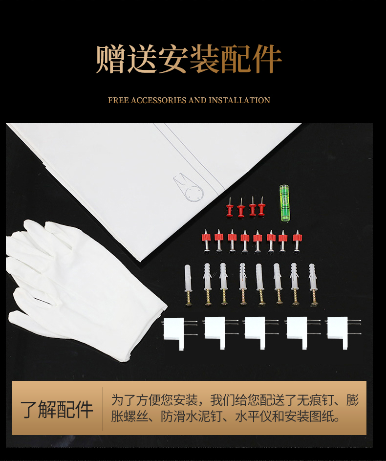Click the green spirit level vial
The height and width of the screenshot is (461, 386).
[x=284, y=203]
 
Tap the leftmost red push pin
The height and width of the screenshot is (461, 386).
[x=230, y=207]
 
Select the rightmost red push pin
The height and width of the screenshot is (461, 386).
[x=261, y=206]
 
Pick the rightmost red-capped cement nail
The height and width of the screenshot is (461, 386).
[x=297, y=241]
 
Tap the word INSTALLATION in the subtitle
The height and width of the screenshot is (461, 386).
[x=239, y=100]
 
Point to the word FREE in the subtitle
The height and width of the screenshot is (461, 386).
[x=118, y=100]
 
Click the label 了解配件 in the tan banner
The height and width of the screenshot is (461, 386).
[x=56, y=409]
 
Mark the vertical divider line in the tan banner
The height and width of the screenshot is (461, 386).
[x=103, y=409]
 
